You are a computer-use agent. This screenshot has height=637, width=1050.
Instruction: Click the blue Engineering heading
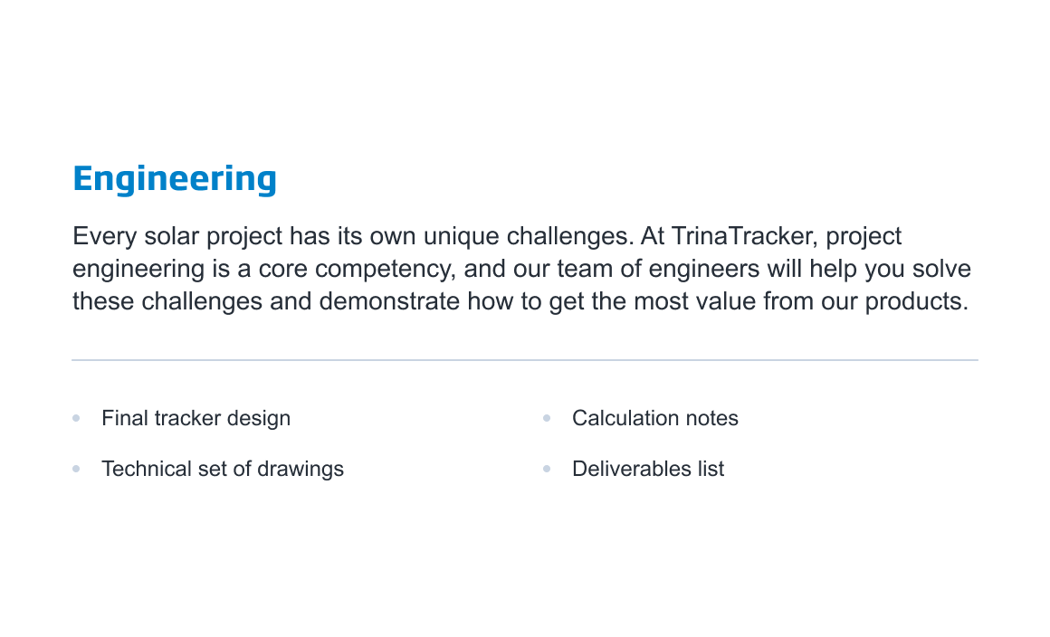(x=175, y=179)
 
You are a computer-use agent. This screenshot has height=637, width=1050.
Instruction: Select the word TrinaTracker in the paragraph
(x=744, y=236)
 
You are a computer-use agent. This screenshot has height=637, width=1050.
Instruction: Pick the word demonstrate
(x=390, y=302)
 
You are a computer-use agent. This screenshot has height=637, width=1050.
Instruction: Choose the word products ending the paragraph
(x=917, y=302)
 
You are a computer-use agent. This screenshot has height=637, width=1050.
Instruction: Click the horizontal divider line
(x=525, y=360)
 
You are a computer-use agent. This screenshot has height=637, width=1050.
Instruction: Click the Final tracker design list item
(x=196, y=419)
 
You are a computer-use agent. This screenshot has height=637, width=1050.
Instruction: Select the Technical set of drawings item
(x=223, y=470)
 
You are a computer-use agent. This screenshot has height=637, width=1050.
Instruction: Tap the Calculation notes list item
(x=655, y=418)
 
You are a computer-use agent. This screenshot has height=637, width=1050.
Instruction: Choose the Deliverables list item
(x=648, y=469)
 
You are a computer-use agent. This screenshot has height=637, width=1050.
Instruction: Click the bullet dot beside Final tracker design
(x=76, y=418)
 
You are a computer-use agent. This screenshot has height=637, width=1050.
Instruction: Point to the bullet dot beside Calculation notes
(x=547, y=418)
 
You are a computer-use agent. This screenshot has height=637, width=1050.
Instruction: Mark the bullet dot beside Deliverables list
(x=547, y=469)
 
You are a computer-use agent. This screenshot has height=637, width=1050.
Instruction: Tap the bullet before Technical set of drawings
(x=76, y=469)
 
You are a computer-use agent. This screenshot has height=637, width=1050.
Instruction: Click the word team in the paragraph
(x=582, y=269)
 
